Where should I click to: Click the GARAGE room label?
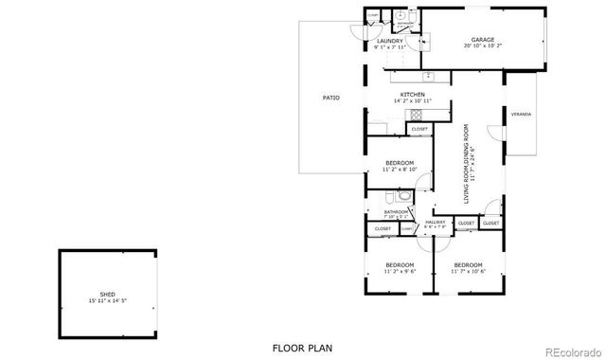[482, 40]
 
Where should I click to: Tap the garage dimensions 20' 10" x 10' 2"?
[482, 45]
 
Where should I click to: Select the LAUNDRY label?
[390, 42]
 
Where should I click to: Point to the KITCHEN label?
[412, 95]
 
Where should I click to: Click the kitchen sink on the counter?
[429, 75]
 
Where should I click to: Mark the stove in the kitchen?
[417, 115]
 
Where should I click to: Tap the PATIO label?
[330, 98]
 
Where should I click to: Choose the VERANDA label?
[521, 115]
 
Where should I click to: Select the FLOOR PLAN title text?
[302, 348]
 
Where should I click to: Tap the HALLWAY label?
[436, 222]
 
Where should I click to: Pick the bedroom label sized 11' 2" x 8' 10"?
[400, 163]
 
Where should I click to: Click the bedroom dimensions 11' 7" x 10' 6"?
[468, 270]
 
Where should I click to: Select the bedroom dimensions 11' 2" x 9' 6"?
[400, 270]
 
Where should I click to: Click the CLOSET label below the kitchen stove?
[419, 129]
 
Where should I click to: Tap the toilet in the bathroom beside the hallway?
[404, 198]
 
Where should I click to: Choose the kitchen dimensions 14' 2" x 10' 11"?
[412, 100]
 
